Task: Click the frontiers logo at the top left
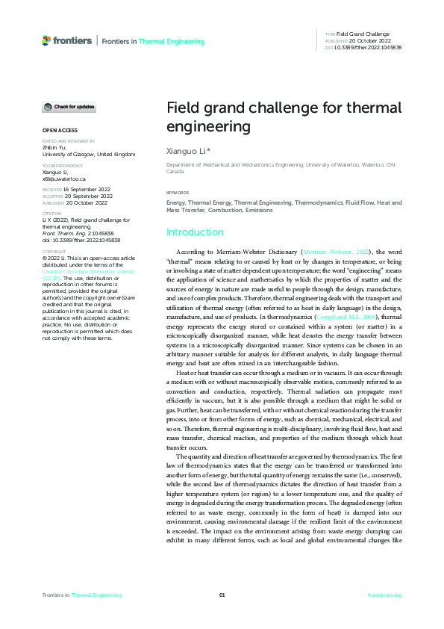(68, 40)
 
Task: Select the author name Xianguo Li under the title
(186, 151)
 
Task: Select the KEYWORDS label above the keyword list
(178, 193)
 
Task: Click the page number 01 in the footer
(222, 595)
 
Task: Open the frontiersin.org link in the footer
(384, 595)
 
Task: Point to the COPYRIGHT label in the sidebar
(54, 252)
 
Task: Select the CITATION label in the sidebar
(52, 213)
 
